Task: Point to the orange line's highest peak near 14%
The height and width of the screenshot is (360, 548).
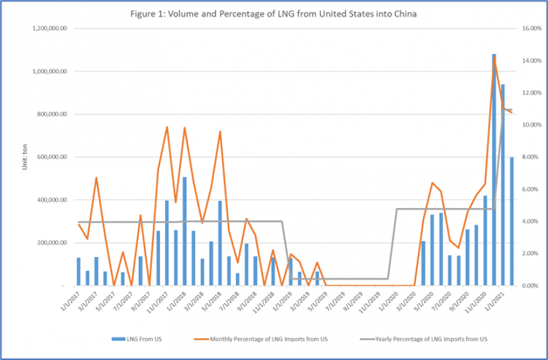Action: coord(495,58)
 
